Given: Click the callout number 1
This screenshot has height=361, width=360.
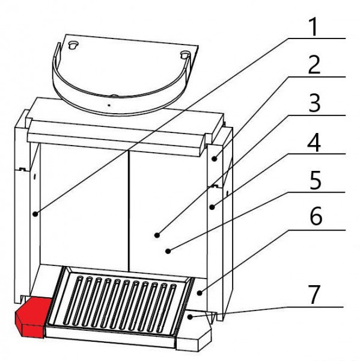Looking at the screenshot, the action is click(x=314, y=26).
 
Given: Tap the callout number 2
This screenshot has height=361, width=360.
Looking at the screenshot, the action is click(x=314, y=65).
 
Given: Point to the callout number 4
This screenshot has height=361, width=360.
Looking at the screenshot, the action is click(x=314, y=142).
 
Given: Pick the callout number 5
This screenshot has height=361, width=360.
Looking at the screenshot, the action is click(x=315, y=180).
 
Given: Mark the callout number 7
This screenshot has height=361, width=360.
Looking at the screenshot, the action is click(x=315, y=295).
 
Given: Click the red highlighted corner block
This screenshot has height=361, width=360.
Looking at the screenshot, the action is click(x=32, y=318).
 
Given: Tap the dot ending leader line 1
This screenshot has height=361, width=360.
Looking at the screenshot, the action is click(x=35, y=214).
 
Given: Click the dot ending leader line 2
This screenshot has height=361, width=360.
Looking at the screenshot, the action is click(x=215, y=159).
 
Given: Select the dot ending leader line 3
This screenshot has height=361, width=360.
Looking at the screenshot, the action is click(x=157, y=235).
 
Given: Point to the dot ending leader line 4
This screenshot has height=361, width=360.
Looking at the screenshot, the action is click(x=212, y=207).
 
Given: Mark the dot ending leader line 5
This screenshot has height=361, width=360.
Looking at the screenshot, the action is click(x=168, y=251).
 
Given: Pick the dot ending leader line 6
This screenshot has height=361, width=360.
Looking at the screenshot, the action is click(x=200, y=293).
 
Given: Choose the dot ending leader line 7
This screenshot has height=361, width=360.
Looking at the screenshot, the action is click(x=189, y=317).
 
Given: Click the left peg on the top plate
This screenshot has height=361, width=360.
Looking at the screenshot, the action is click(x=73, y=45).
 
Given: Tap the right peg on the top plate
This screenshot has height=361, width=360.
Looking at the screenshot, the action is click(x=185, y=55).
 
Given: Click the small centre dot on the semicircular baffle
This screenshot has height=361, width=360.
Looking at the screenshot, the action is click(x=109, y=105).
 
